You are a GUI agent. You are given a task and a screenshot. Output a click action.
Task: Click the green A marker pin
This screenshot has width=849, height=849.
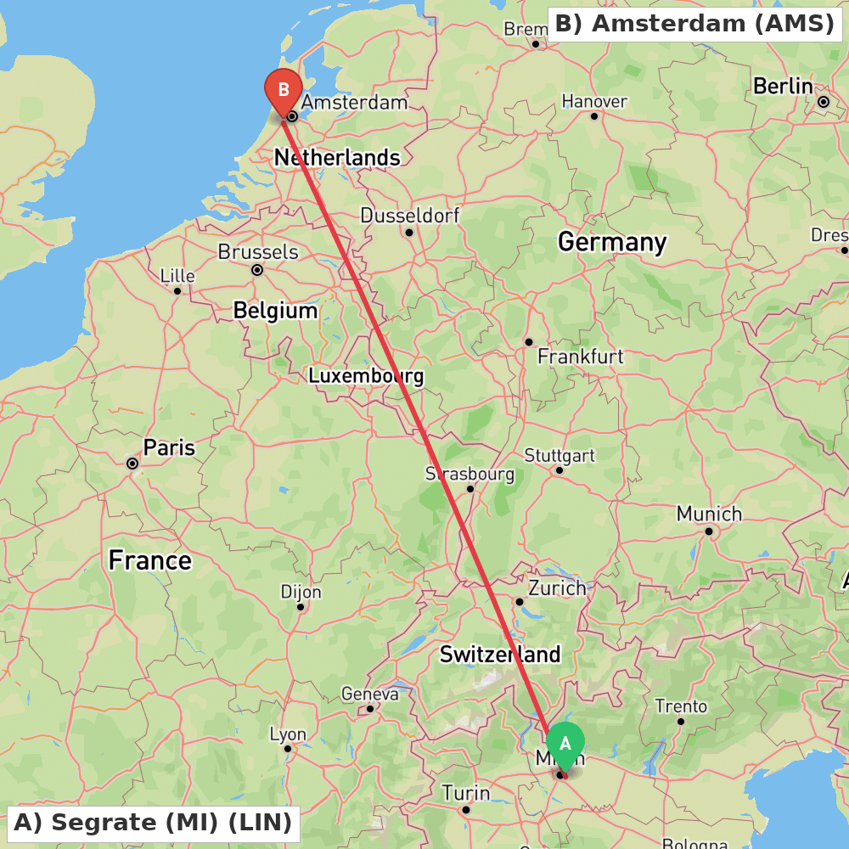click(x=565, y=743)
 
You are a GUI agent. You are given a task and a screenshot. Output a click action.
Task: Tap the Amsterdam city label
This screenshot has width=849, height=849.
click(x=354, y=103)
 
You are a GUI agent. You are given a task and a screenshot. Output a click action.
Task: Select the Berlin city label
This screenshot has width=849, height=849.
click(x=783, y=86)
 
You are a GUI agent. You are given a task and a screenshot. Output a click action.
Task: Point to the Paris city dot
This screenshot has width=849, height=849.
click(x=132, y=464)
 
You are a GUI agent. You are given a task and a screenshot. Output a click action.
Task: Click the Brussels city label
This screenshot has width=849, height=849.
click(x=258, y=251)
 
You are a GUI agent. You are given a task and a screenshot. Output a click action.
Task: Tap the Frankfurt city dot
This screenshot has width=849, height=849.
click(x=528, y=341)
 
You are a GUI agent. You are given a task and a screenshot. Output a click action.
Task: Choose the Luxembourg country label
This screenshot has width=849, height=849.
click(x=365, y=375)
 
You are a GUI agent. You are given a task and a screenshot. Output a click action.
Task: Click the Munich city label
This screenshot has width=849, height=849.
click(x=709, y=514)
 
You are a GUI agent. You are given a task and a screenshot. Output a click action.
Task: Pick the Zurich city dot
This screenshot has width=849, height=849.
click(x=519, y=601)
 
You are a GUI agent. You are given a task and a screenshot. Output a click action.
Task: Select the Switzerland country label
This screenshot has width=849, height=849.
click(x=499, y=655)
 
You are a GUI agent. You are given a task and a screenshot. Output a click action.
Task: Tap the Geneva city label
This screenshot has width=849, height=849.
click(x=369, y=694)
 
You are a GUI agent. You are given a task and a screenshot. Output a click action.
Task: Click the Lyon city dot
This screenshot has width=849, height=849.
click(x=288, y=748)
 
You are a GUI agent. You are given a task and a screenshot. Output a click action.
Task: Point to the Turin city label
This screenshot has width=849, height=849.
click(x=465, y=793)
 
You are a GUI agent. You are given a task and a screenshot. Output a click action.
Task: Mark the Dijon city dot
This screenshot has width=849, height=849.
click(x=300, y=606)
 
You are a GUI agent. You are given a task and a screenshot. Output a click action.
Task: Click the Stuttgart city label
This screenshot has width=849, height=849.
click(x=559, y=455)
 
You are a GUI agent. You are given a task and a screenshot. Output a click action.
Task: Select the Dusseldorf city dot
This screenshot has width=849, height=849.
click(x=408, y=232)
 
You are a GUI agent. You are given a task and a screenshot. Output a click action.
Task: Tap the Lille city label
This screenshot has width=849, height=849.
click(x=177, y=276)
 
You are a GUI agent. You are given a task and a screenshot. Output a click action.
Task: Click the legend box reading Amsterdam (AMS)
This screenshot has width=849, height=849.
click(x=695, y=24)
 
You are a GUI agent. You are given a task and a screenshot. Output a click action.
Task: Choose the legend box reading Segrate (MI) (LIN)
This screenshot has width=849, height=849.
click(x=153, y=823)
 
